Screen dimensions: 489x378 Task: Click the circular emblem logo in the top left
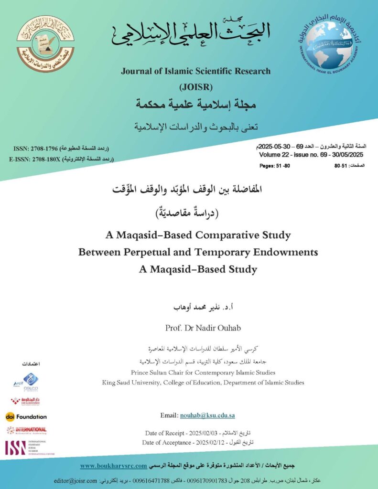pyautogui.click(x=45, y=43)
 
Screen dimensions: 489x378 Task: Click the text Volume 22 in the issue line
pyautogui.click(x=275, y=155)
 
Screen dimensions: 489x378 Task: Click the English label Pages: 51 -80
pyautogui.click(x=274, y=166)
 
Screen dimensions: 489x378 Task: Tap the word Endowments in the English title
pyautogui.click(x=289, y=252)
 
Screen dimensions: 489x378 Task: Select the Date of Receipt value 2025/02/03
pyautogui.click(x=202, y=433)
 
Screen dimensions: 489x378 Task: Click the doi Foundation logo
pyautogui.click(x=26, y=416)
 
